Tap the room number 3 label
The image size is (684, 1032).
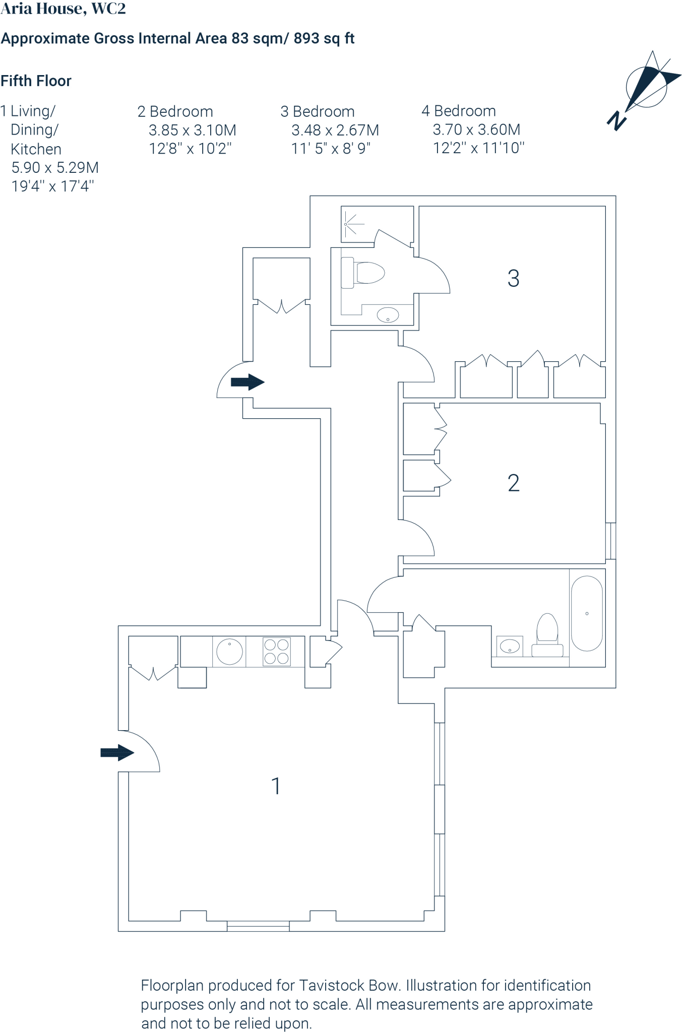(513, 278)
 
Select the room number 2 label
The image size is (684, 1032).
(513, 483)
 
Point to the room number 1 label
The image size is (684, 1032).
(276, 786)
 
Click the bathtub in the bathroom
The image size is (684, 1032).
(587, 614)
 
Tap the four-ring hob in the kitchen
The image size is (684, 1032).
(277, 652)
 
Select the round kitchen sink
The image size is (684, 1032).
(229, 651)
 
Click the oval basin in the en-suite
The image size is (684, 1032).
(388, 315)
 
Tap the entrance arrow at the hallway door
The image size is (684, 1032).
(247, 382)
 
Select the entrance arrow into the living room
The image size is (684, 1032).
(117, 753)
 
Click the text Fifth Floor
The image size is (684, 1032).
(36, 81)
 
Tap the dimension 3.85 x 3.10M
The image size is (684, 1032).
(192, 130)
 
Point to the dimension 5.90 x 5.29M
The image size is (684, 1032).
(55, 167)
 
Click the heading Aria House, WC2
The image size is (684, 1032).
(63, 9)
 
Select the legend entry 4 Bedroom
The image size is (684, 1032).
(459, 111)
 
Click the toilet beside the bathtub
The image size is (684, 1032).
(547, 633)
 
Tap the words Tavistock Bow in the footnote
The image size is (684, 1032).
(348, 985)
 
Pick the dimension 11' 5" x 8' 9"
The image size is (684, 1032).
(331, 149)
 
